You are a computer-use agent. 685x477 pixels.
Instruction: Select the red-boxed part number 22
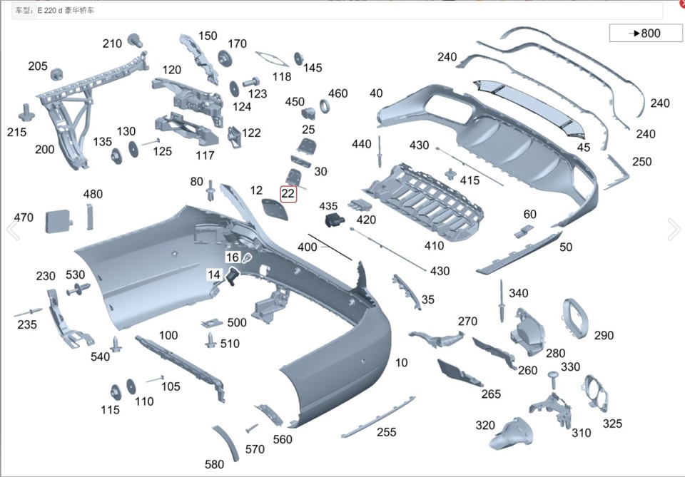pos(288,193)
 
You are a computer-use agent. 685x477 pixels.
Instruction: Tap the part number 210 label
pos(112,43)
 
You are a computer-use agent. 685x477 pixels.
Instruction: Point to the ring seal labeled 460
pos(324,108)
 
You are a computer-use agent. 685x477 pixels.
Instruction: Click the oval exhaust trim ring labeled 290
pos(574,318)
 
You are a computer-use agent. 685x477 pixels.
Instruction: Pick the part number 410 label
pos(434,246)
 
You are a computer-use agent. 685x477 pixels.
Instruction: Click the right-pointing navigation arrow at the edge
pos(674,229)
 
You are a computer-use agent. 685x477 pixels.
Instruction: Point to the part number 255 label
pos(386,432)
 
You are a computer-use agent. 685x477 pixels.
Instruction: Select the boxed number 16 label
pos(233,257)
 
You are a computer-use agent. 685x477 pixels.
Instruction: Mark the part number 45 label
pos(584,147)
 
